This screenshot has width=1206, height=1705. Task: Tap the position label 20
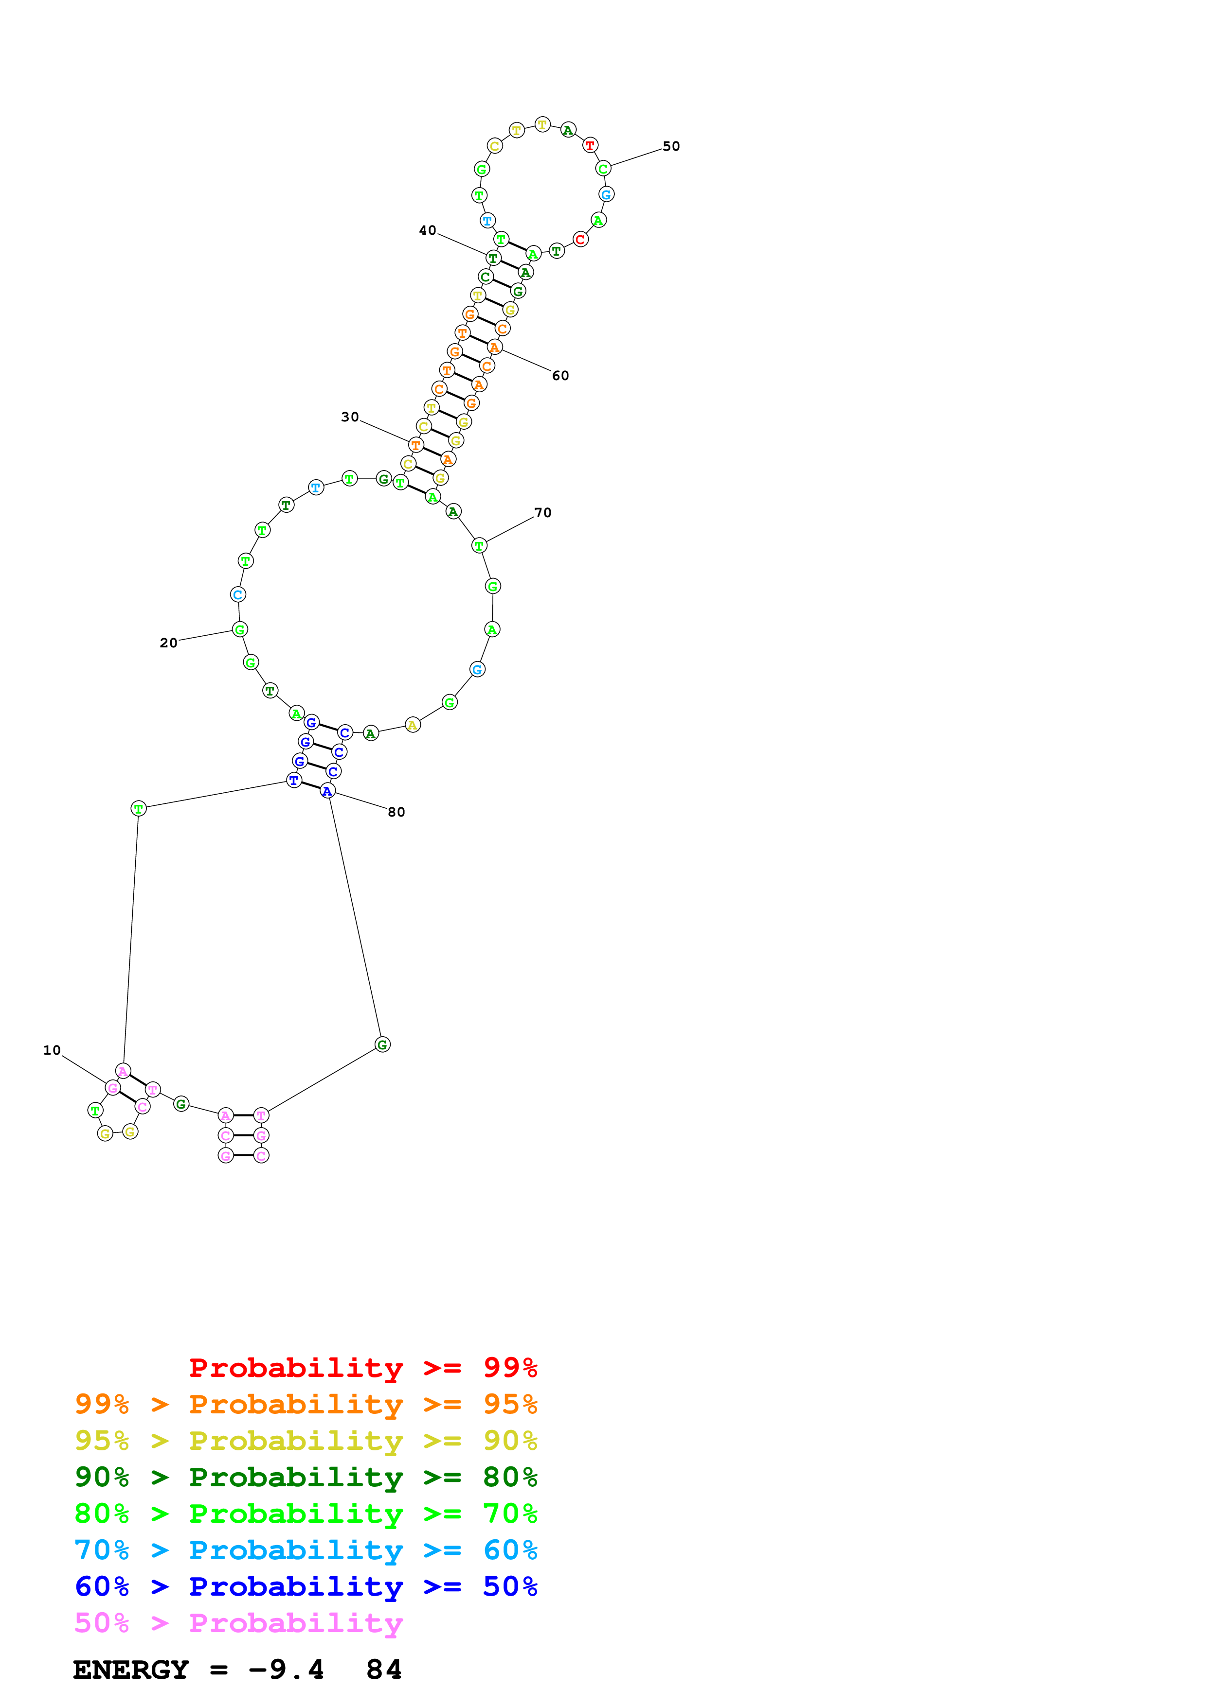point(169,643)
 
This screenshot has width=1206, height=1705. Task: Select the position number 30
point(350,418)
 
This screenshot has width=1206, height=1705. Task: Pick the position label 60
point(560,376)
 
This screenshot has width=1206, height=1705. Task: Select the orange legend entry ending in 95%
point(306,1404)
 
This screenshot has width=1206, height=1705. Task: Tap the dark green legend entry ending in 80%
point(306,1477)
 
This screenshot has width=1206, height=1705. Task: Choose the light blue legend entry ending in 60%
point(306,1550)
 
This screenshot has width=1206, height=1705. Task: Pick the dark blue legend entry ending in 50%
point(306,1586)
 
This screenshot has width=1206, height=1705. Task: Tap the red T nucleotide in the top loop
point(590,145)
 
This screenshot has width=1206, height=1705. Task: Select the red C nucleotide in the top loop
point(580,239)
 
